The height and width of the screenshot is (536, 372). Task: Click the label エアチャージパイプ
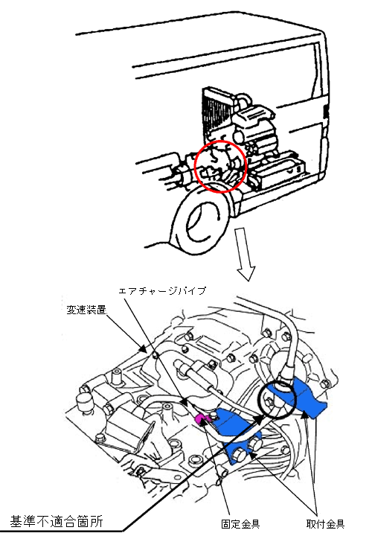click(x=162, y=291)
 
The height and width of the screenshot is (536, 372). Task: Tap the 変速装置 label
click(x=86, y=310)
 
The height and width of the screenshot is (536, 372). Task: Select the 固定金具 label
click(x=241, y=523)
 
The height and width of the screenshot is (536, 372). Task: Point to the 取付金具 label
click(x=326, y=523)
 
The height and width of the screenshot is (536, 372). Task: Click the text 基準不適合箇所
click(x=57, y=521)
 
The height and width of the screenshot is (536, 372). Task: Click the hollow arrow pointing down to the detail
click(x=244, y=254)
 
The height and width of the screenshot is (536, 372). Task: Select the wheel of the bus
click(x=202, y=222)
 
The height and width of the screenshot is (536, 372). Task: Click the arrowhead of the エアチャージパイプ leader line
click(x=185, y=402)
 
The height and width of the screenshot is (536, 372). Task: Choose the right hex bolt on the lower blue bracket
click(x=254, y=444)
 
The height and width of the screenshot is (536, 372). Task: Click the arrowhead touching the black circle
click(x=259, y=419)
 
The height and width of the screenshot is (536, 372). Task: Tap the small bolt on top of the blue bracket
click(x=214, y=415)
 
